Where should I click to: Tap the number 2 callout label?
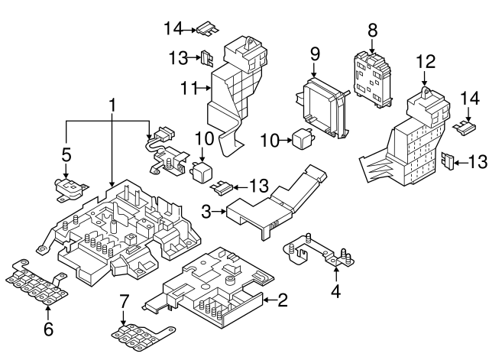[282, 300]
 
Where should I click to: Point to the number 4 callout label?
[335, 290]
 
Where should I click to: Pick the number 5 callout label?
[66, 155]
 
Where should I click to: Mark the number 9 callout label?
[313, 55]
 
